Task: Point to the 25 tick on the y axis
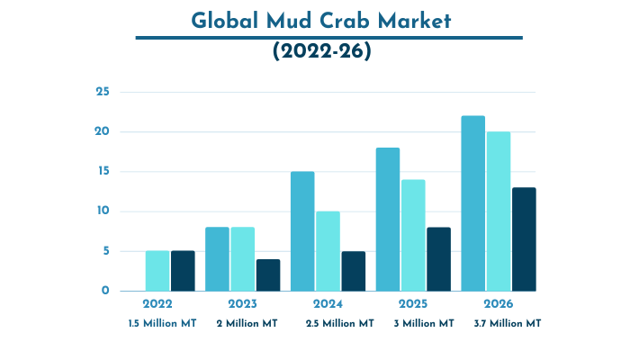[x=103, y=92]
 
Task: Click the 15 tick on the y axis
[x=103, y=172]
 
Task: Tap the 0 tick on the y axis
[x=105, y=291]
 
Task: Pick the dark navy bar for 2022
[x=183, y=271]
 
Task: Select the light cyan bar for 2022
[x=157, y=271]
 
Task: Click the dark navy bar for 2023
[x=267, y=274]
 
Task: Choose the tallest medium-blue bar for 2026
[x=472, y=203]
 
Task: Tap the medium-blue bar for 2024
[x=302, y=231]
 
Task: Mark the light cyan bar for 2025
[x=413, y=235]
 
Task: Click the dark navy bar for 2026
[x=524, y=239]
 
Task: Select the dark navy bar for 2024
[x=353, y=271]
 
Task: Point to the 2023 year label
[x=243, y=304]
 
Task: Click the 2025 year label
[x=413, y=304]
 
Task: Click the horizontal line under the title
[x=328, y=38]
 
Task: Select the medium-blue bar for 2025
[x=388, y=219]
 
